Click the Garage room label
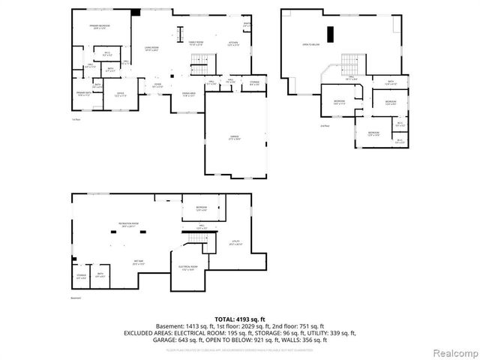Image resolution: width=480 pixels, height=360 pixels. click(x=235, y=138)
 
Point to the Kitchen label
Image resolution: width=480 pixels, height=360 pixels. click(x=233, y=43)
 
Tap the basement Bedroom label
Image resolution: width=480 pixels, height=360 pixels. click(x=202, y=208)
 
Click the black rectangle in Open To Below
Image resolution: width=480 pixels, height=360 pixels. click(x=329, y=34)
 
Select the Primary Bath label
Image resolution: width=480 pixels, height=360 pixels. click(x=82, y=94)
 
